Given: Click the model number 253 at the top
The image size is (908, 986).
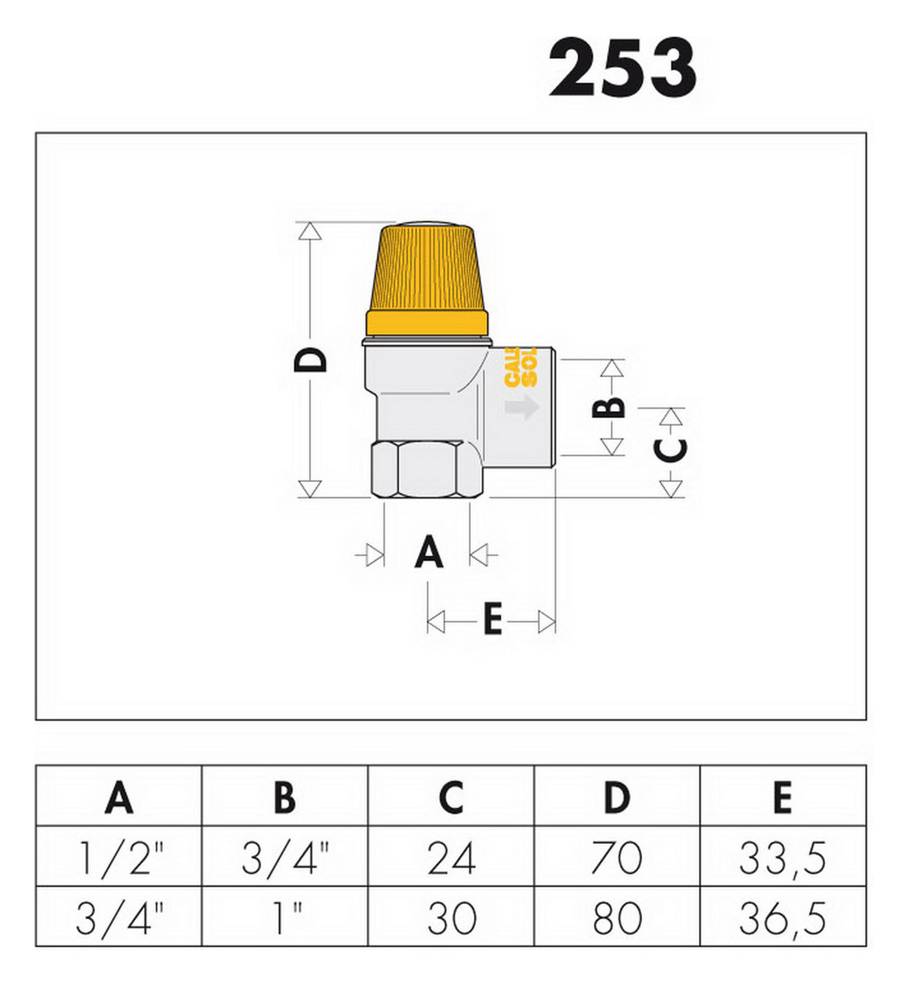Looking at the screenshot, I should click(x=623, y=68).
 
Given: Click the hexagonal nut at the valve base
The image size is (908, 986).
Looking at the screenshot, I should click(x=427, y=469).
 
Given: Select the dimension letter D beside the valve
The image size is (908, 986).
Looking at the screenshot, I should click(x=311, y=359).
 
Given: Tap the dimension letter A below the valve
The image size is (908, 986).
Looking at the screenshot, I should click(x=429, y=554).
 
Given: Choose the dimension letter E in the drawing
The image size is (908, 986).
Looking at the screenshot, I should click(x=492, y=621).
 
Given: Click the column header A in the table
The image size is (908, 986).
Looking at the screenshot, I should click(x=118, y=797).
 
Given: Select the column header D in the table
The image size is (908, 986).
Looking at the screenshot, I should click(x=616, y=797).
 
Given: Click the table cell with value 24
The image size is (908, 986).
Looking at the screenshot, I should click(x=451, y=858).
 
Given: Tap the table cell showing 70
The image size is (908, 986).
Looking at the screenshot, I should click(x=616, y=858).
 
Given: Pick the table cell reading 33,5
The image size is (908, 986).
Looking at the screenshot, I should click(x=782, y=858).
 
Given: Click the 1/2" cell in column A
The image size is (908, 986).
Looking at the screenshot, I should click(x=118, y=858).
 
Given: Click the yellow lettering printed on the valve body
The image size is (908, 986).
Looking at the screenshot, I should click(x=521, y=368).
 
